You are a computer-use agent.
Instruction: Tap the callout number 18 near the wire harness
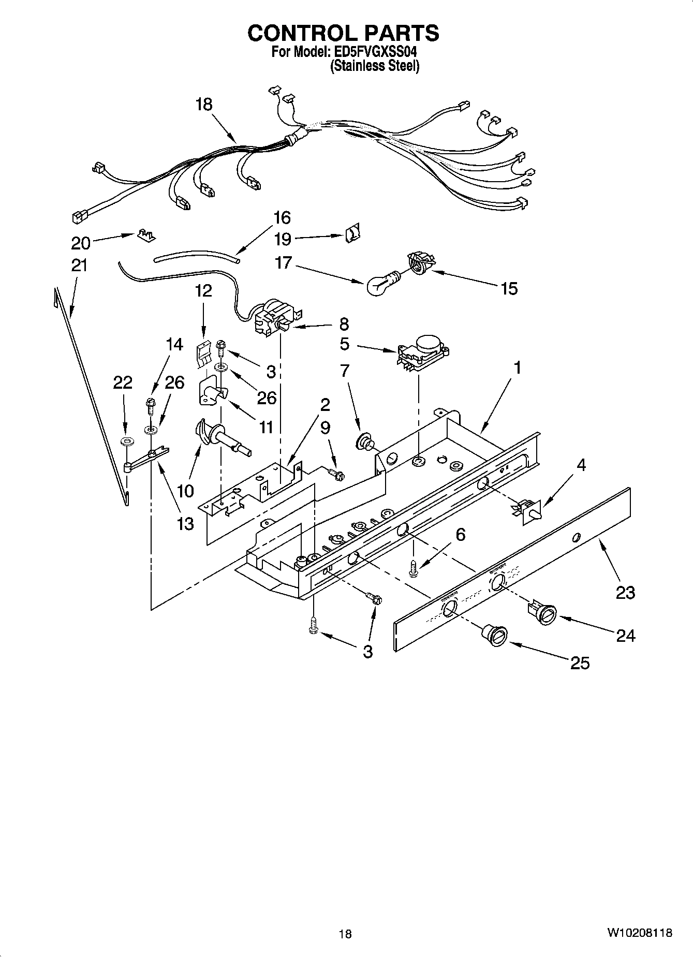click(204, 105)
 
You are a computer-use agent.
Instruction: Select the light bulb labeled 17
click(380, 284)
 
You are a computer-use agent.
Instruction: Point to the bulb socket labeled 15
click(420, 261)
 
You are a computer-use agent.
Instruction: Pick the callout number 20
click(80, 243)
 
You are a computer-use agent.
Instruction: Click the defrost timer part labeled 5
click(423, 353)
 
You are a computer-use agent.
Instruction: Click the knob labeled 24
click(543, 614)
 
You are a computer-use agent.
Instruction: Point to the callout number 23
click(625, 592)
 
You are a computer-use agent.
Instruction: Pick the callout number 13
click(185, 523)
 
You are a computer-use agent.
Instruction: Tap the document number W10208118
click(639, 933)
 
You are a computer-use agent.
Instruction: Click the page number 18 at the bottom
click(345, 934)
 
